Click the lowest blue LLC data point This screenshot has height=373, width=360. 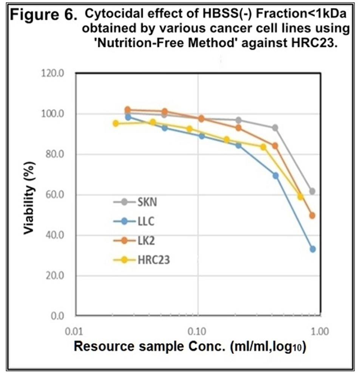pos(312,249)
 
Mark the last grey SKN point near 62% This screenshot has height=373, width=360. pos(312,191)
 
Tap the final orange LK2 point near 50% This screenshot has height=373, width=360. pos(312,216)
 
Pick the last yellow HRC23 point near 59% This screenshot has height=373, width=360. pos(300,197)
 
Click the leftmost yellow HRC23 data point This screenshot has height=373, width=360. pos(116,123)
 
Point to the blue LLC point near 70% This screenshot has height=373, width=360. pos(275,176)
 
